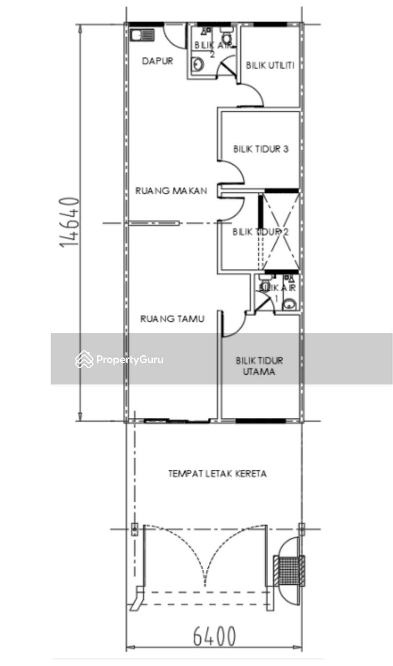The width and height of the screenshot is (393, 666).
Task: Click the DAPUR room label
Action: [x=157, y=61]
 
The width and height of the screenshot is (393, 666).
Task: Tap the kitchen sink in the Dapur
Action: [x=142, y=35]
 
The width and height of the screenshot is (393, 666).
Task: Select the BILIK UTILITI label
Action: [x=270, y=66]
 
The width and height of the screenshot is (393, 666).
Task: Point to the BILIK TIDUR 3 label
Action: [x=261, y=149]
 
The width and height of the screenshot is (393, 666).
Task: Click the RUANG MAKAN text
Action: [x=171, y=191]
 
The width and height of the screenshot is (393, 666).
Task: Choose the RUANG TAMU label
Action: [x=172, y=319]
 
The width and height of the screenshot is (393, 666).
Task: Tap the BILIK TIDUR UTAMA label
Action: [x=259, y=366]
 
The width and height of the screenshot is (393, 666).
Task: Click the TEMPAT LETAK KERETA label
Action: [x=217, y=474]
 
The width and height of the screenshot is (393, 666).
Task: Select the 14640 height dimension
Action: [x=70, y=222]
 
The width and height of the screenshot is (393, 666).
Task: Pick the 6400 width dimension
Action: [x=214, y=637]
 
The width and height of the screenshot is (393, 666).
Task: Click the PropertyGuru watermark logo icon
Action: [x=84, y=360]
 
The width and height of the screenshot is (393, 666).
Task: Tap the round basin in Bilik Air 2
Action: [x=198, y=65]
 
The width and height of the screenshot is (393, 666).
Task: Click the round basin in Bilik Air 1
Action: [x=289, y=305]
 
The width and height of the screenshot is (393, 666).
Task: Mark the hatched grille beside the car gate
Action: [x=289, y=570]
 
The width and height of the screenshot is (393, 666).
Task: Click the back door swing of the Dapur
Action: [x=175, y=36]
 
